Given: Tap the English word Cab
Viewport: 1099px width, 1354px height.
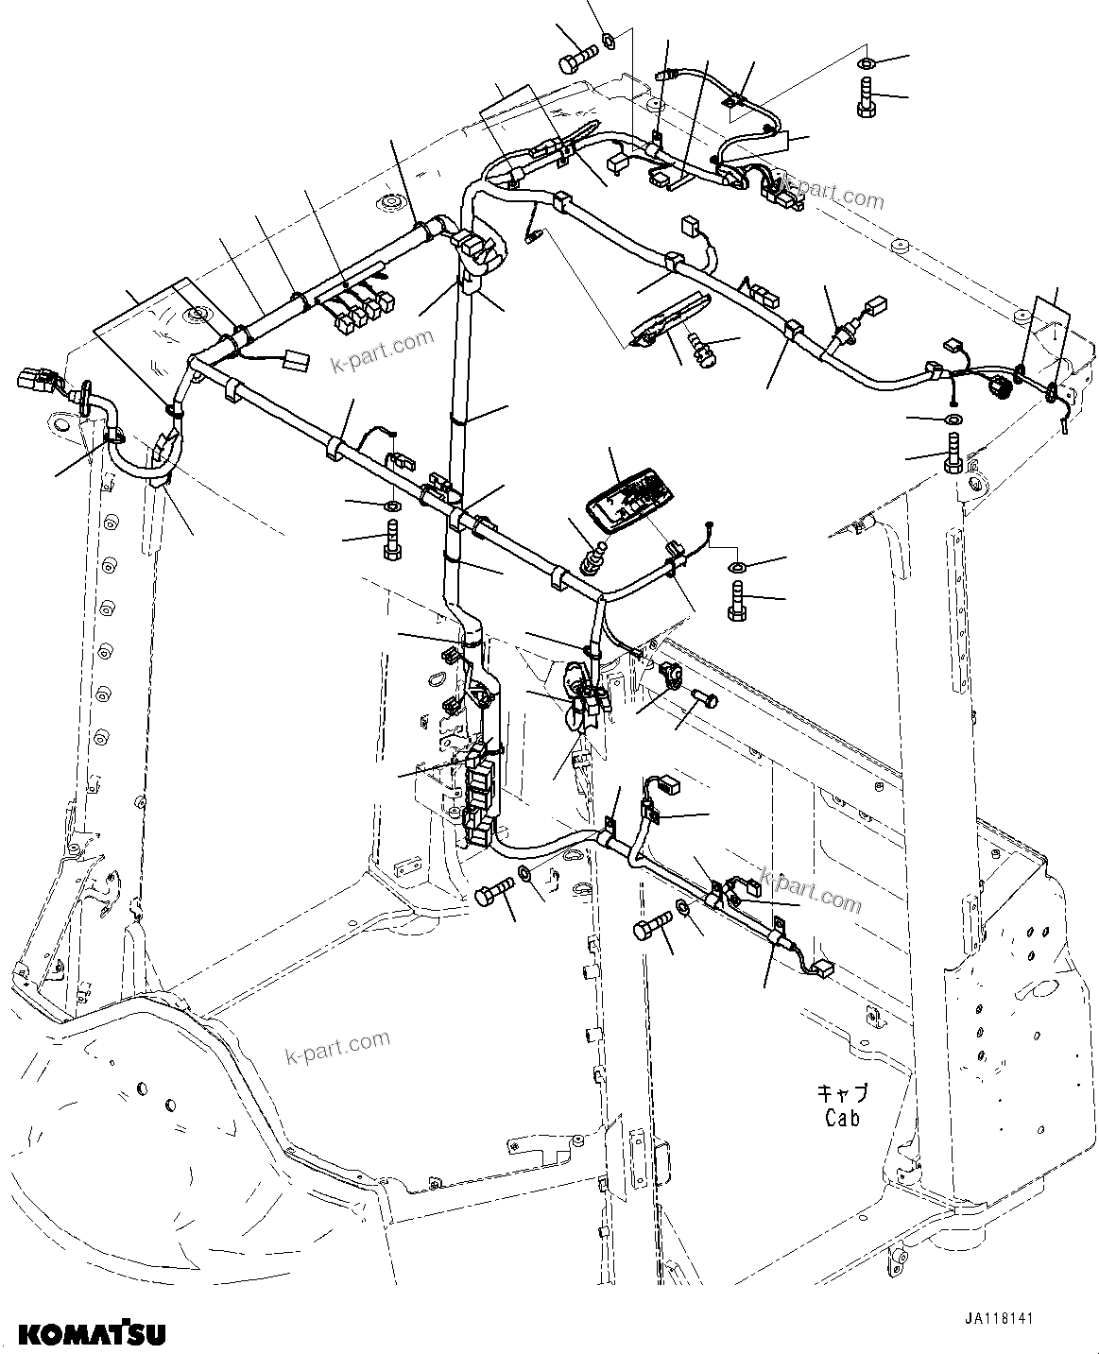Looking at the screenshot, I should (842, 1118).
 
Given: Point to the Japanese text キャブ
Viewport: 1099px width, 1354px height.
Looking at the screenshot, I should (842, 1094).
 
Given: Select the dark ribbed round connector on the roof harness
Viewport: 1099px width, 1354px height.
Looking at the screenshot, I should (998, 386).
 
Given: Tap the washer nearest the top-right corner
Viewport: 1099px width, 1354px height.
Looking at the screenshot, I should (866, 63).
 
